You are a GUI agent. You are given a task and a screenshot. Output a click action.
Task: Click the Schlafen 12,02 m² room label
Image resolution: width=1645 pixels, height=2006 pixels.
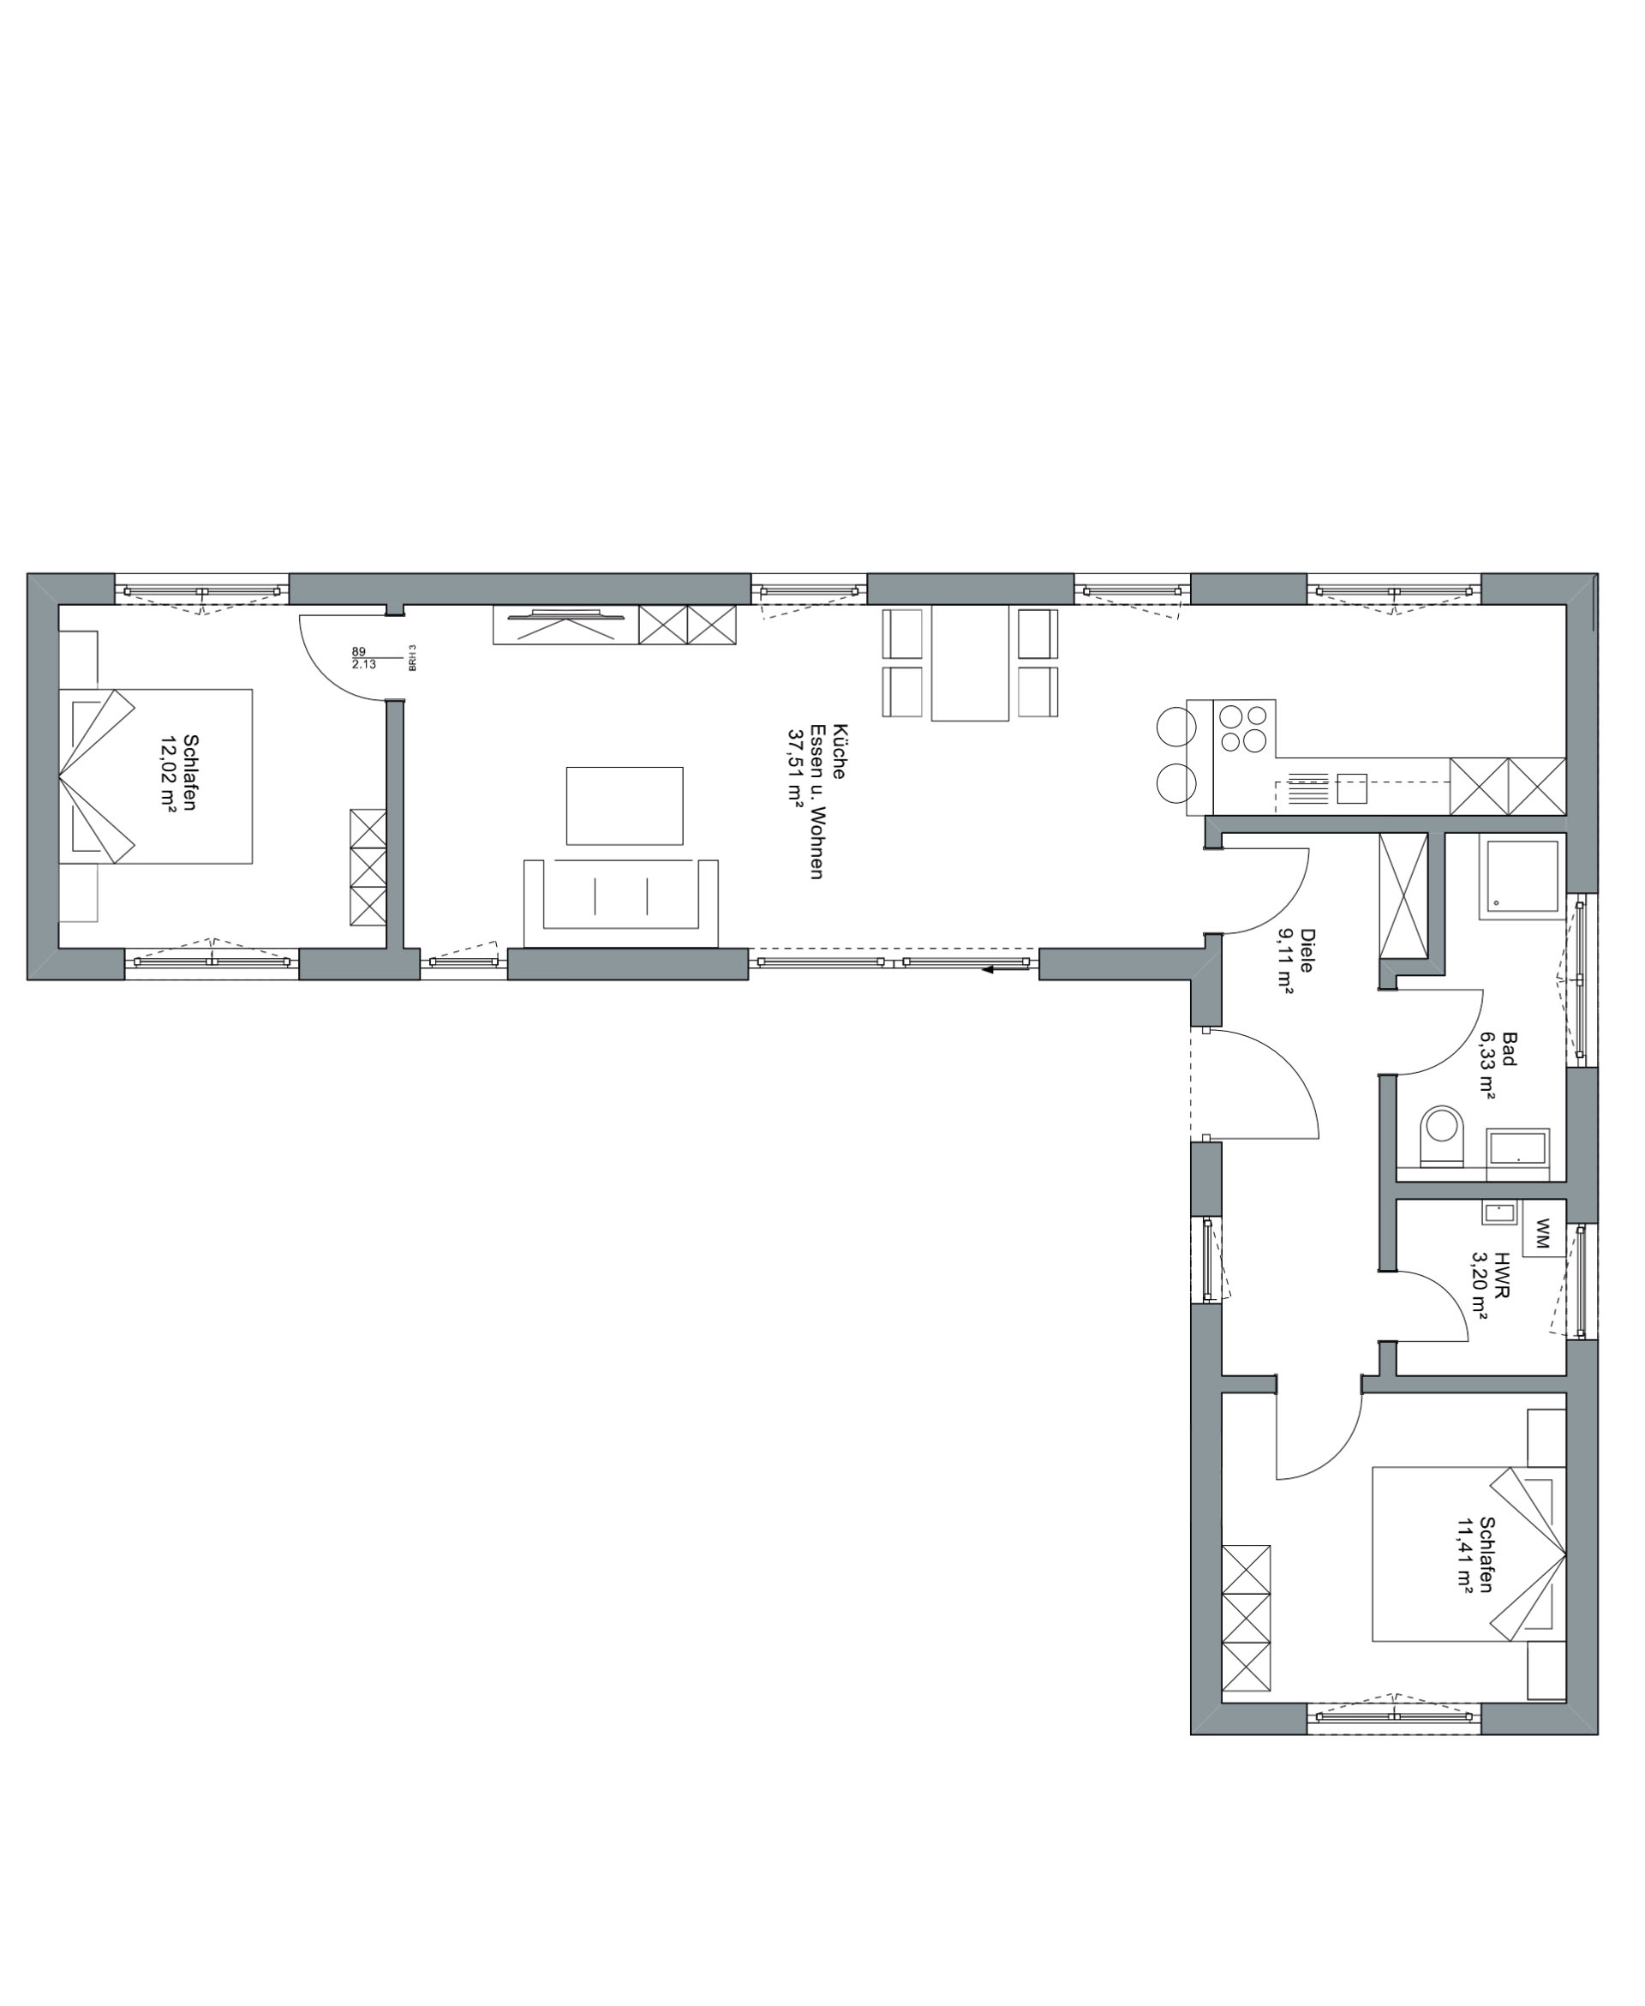pos(178,773)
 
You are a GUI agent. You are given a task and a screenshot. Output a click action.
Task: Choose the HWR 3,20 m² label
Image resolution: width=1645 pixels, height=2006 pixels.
pos(1491,1286)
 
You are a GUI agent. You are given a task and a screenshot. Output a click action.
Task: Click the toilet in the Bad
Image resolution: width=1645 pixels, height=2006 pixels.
pos(1443,1135)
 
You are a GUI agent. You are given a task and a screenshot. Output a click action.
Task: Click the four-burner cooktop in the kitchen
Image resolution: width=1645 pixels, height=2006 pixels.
pos(1243,728)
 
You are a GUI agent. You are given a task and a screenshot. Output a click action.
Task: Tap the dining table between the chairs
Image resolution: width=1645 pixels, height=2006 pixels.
pos(969,663)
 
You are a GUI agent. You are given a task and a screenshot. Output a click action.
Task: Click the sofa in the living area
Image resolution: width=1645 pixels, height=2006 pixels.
pos(620,903)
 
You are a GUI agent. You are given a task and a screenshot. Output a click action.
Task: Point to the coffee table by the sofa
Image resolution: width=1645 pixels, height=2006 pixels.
pos(625,805)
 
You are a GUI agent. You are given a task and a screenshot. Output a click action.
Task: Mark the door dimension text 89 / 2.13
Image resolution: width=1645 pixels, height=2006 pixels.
pos(363,657)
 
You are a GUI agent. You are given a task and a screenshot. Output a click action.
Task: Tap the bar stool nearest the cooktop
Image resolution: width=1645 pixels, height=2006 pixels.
pos(1176,728)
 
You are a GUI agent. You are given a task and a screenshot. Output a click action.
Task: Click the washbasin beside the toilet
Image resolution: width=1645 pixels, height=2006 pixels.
pos(1517,1146)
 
